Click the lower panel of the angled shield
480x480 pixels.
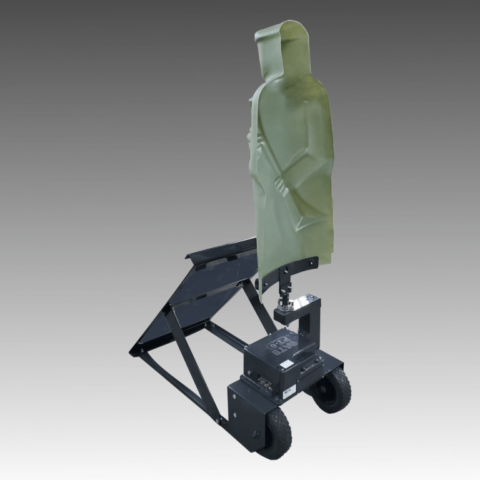point(169,325)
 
